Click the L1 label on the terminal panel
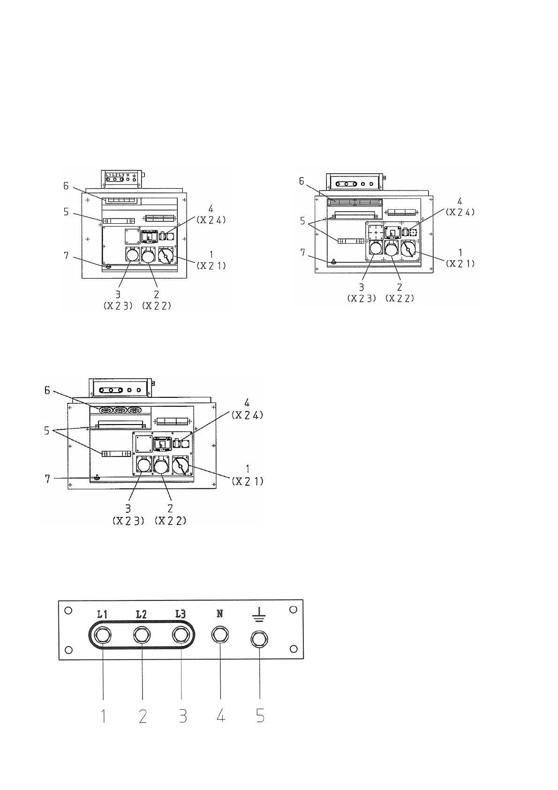click(103, 614)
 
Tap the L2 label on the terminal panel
click(142, 614)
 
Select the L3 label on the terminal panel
click(181, 614)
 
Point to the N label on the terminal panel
click(220, 614)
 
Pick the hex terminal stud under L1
click(103, 636)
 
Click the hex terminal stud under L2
click(142, 636)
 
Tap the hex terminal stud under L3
click(181, 636)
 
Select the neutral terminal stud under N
click(220, 636)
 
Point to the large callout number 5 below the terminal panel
click(260, 716)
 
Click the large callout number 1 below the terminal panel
click(103, 716)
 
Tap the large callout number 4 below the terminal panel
click(220, 716)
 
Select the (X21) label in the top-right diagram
click(460, 264)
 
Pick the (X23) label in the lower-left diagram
click(128, 521)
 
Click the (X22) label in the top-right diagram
click(400, 298)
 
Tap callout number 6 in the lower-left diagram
click(47, 390)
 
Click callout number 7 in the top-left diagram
click(67, 256)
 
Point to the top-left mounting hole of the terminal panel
click(68, 610)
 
